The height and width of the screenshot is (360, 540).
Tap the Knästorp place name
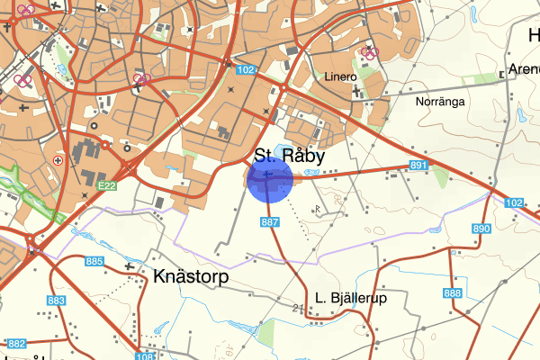192,276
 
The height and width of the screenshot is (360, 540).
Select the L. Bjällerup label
350,297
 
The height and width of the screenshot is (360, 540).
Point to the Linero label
342,77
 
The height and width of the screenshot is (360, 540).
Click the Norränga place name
440,102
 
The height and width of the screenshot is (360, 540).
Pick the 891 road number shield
418,166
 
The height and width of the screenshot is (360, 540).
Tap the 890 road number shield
481,229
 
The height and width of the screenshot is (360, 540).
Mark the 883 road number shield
57,301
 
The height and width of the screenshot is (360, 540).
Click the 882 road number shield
16,344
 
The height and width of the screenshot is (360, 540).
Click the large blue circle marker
272,177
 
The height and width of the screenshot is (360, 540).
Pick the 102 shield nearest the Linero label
245,69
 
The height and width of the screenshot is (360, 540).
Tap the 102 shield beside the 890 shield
513,202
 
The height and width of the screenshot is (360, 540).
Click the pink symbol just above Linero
367,51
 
